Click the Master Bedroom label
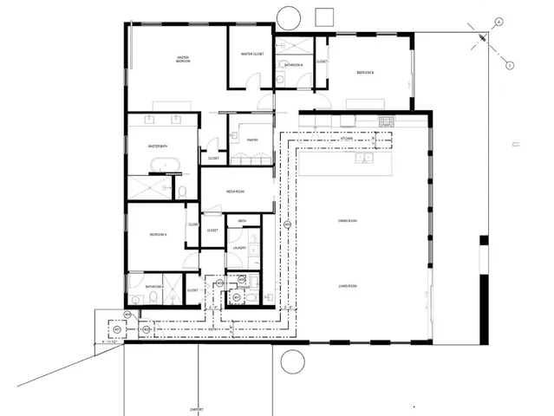coord(183,60)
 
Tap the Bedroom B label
coord(365,73)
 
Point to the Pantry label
coord(252,140)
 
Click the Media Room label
coord(238,191)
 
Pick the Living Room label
coord(349,286)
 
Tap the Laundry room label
coord(241,249)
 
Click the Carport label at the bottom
coord(198,410)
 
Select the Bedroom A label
coord(157,235)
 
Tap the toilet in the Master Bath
coord(185,191)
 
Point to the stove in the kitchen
coord(387,120)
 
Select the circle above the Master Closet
coord(290,16)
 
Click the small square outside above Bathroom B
coord(325,16)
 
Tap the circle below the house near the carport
coord(292,361)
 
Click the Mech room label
coord(243,222)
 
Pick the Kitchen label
coord(345,139)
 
